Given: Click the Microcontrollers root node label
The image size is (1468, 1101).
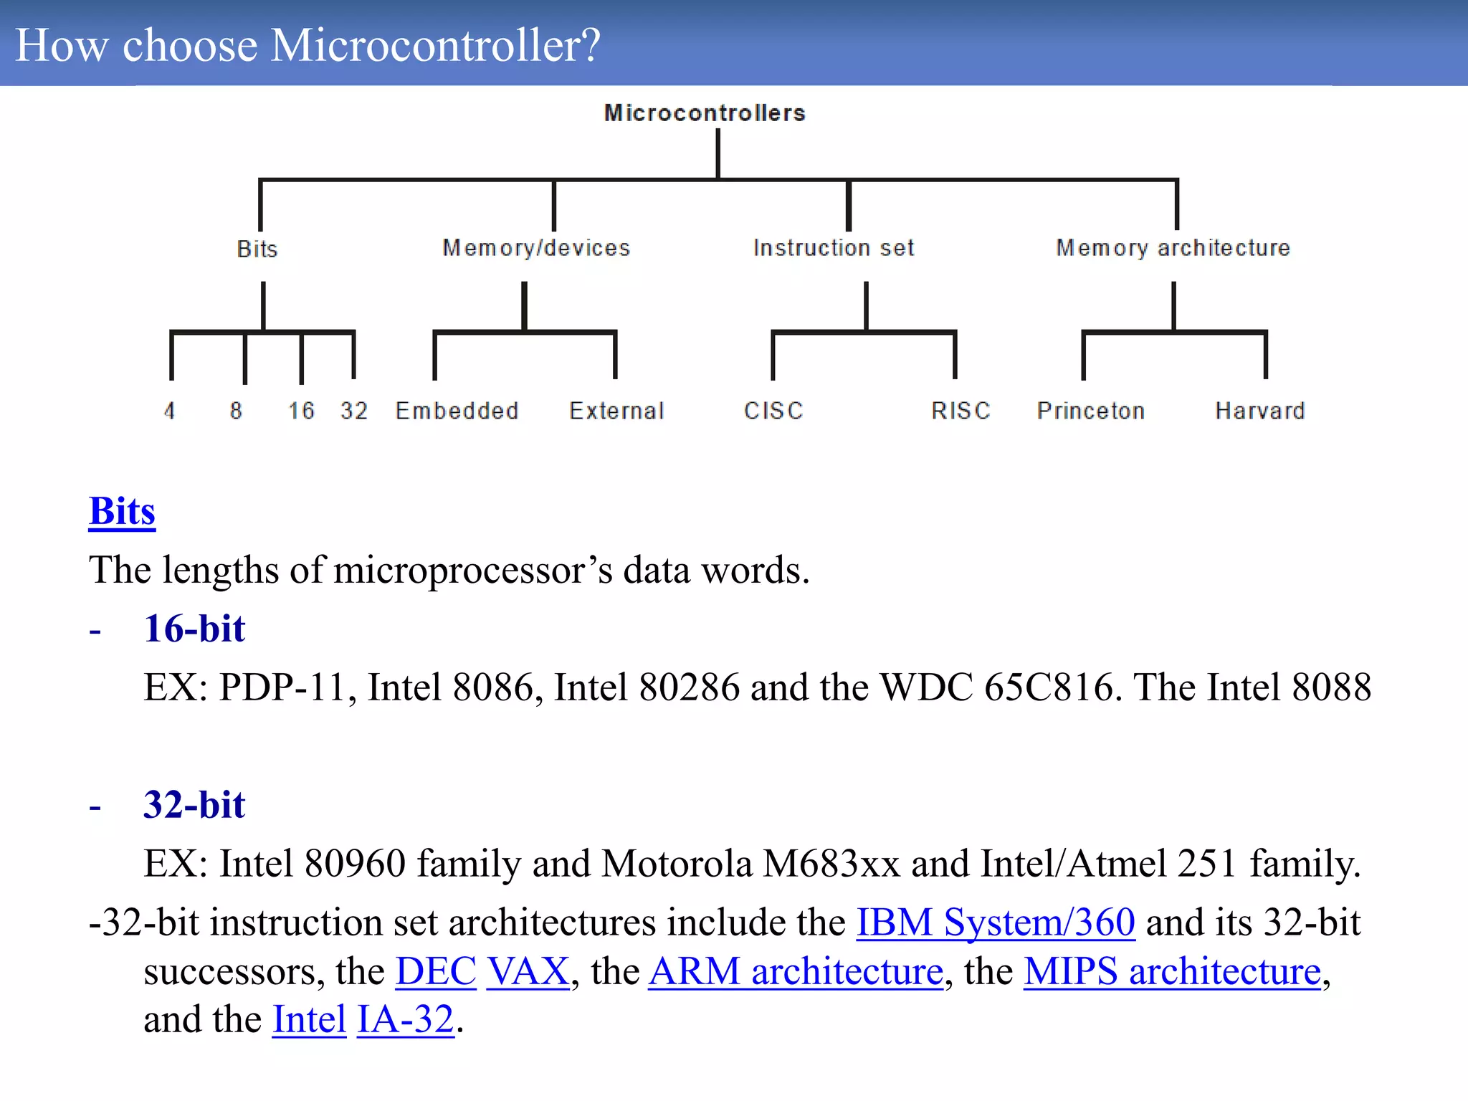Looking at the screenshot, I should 705,113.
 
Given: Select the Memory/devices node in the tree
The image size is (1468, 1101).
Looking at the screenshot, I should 536,248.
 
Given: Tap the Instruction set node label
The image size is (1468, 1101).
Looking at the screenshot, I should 834,248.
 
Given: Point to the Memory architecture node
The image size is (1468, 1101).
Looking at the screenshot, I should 1173,248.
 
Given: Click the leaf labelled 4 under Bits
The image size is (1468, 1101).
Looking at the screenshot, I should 169,411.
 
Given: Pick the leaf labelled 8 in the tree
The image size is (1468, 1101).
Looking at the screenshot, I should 236,411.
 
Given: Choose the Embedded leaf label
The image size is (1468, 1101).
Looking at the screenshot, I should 457,411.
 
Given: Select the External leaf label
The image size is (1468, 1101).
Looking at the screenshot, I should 616,411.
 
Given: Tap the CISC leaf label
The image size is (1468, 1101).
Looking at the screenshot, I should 773,411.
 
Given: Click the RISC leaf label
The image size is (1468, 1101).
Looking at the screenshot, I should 961,411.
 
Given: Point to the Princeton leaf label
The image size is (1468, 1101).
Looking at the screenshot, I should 1090,411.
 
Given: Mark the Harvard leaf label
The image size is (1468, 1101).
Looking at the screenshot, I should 1260,411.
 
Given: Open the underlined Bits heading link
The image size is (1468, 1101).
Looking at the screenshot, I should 122,512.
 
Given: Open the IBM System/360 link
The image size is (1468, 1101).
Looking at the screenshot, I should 996,923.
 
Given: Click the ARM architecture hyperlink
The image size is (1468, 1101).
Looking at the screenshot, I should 796,972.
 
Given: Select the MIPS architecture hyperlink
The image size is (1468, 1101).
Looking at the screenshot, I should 1172,972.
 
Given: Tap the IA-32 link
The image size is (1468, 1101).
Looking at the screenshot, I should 406,1020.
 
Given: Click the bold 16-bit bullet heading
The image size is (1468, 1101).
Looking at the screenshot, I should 194,629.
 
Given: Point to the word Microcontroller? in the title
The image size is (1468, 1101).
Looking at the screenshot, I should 436,46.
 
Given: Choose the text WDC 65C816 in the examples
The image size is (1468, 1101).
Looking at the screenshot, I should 997,687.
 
